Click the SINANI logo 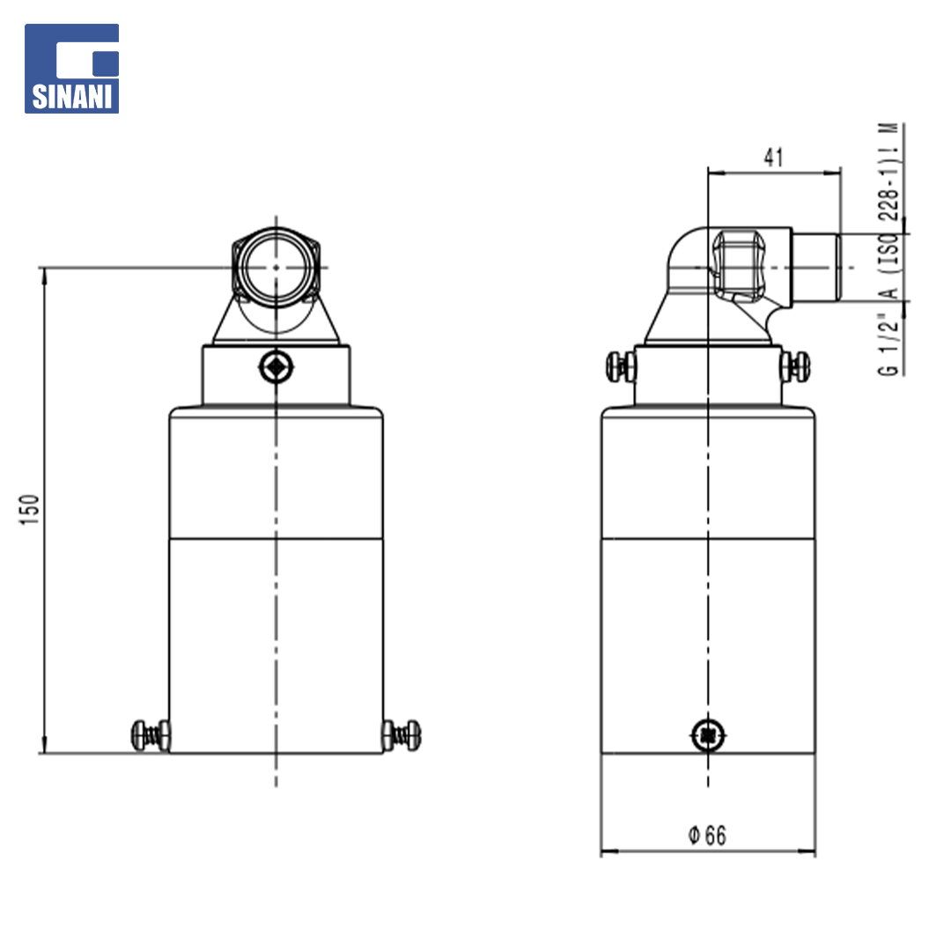[71, 69]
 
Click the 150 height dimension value [29, 510]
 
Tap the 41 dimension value [773, 158]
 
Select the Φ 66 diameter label [707, 835]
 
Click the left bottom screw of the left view [151, 735]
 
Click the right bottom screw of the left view [402, 735]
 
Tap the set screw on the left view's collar [276, 367]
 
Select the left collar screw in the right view [621, 367]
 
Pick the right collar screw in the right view [795, 367]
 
